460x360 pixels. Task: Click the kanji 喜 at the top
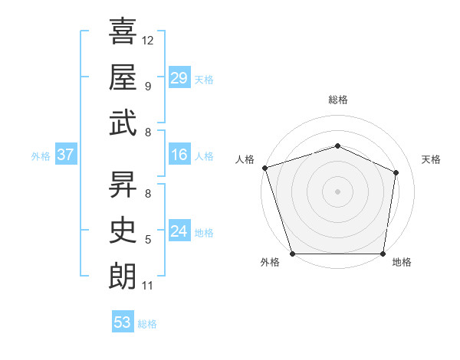point(123,32)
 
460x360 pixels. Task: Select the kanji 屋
point(123,77)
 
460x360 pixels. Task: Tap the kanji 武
point(123,123)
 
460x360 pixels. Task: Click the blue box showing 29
point(179,78)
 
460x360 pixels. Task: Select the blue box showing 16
point(179,155)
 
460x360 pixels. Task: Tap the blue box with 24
point(179,232)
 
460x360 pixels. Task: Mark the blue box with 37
point(65,155)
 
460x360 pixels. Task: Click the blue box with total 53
point(122,322)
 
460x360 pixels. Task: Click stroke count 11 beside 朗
point(148,286)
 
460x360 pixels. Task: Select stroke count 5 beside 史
point(148,240)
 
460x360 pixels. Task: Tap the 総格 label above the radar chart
point(337,100)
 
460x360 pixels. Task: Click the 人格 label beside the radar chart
point(245,159)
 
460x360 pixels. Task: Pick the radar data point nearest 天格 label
point(396,172)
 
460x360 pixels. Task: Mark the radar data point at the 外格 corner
point(292,254)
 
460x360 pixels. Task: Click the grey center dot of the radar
point(337,191)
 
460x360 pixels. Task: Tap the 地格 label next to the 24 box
point(204,233)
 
